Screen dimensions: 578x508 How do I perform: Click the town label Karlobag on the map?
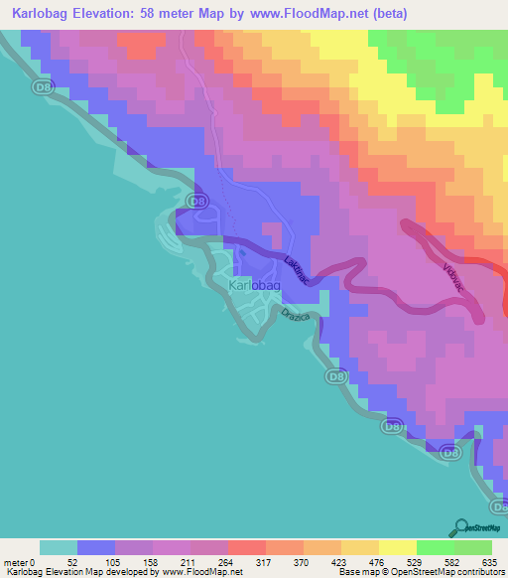(x=255, y=286)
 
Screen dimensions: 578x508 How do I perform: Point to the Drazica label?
(x=297, y=318)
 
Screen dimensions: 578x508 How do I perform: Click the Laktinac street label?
(x=294, y=270)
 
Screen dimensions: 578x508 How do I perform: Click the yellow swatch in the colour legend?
(x=398, y=547)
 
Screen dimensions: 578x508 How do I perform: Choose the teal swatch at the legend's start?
(x=59, y=547)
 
